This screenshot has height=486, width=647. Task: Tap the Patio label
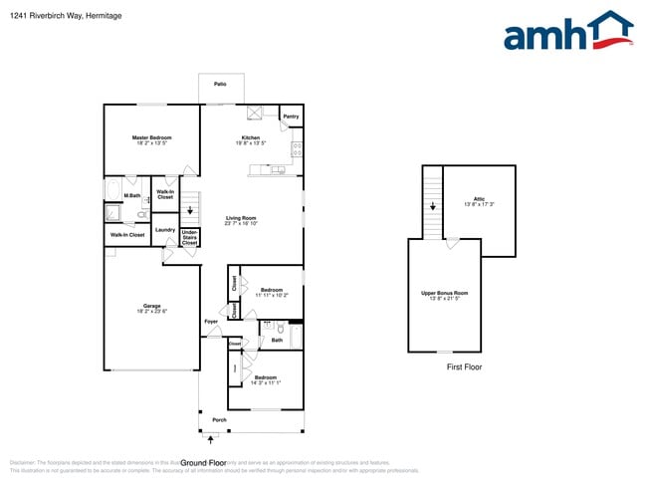tap(220, 85)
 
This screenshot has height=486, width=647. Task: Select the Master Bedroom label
tap(152, 137)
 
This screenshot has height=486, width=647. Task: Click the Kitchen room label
tap(251, 137)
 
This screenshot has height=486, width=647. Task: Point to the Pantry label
tap(291, 117)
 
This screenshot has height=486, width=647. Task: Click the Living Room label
tap(241, 218)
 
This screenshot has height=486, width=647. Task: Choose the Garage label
tap(152, 307)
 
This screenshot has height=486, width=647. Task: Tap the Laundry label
tap(165, 230)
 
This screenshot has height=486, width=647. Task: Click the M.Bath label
tap(117, 195)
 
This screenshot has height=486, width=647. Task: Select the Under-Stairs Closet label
tap(189, 238)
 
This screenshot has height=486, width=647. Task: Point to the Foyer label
tap(211, 322)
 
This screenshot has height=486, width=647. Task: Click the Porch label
tap(219, 419)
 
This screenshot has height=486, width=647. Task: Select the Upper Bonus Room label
tap(445, 293)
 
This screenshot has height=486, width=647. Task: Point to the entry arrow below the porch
tap(209, 436)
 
